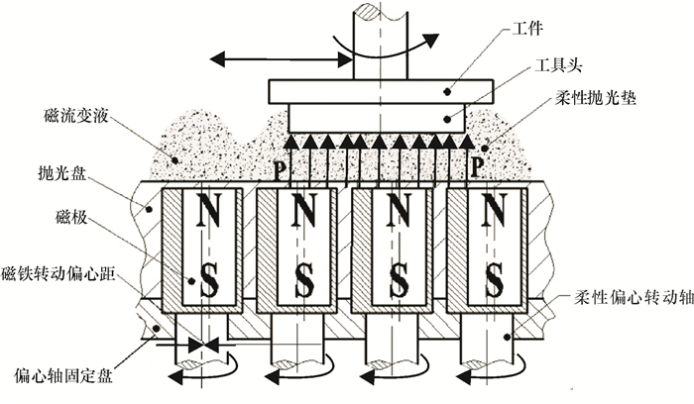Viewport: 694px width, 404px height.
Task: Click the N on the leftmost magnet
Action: pos(208,211)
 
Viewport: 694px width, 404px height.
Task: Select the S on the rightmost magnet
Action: pos(493,281)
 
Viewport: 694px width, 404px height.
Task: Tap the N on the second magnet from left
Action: pos(303,211)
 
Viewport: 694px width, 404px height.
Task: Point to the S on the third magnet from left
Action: pos(399,281)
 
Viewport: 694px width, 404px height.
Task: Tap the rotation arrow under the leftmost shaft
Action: pos(199,375)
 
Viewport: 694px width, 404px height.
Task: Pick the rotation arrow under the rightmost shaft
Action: pos(487,375)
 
